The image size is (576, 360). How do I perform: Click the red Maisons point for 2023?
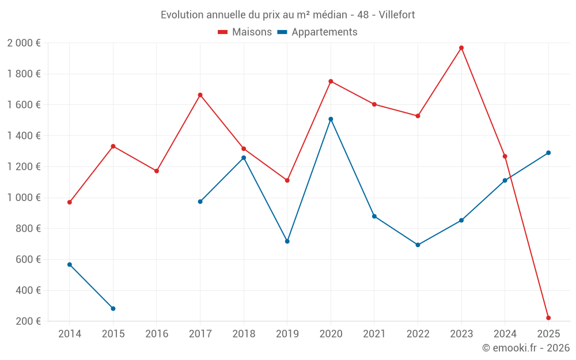tap(461, 48)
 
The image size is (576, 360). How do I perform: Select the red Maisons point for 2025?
tap(548, 318)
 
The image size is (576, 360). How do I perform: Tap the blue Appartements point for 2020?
tap(331, 119)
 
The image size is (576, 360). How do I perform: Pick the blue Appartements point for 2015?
tap(113, 309)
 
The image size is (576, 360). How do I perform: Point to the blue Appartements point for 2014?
tap(70, 264)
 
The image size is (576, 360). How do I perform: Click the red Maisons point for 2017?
tap(200, 95)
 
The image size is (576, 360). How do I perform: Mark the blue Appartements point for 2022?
tap(418, 245)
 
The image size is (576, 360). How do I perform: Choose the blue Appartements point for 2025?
tap(548, 153)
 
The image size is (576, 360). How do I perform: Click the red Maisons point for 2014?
tap(70, 202)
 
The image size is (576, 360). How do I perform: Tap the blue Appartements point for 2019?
tap(287, 241)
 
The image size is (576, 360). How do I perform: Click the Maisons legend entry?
tap(245, 32)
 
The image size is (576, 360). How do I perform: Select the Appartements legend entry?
tap(317, 32)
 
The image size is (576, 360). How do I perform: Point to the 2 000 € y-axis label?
tap(24, 43)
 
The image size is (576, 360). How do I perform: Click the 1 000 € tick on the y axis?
tap(24, 198)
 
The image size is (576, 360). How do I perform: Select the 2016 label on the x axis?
tap(157, 334)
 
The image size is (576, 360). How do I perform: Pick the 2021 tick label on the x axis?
tap(374, 334)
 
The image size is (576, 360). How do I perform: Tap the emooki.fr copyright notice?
tap(526, 348)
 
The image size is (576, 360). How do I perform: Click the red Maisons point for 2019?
tap(287, 180)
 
